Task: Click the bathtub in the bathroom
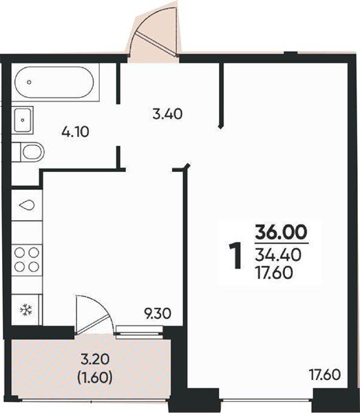click(54, 82)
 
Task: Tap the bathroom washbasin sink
click(23, 120)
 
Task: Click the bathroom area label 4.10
click(75, 131)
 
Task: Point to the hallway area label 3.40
click(167, 114)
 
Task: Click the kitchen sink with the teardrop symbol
click(27, 205)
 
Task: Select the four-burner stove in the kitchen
click(27, 260)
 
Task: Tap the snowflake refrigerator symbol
click(25, 310)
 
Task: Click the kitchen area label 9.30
click(158, 314)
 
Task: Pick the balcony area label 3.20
click(94, 359)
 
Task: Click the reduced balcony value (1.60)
click(95, 378)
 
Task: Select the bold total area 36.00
click(282, 233)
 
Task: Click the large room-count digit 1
click(235, 256)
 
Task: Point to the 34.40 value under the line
click(278, 255)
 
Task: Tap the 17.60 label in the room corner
click(325, 375)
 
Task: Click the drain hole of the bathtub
click(29, 82)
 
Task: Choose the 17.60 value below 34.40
click(274, 273)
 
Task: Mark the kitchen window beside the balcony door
click(140, 330)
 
